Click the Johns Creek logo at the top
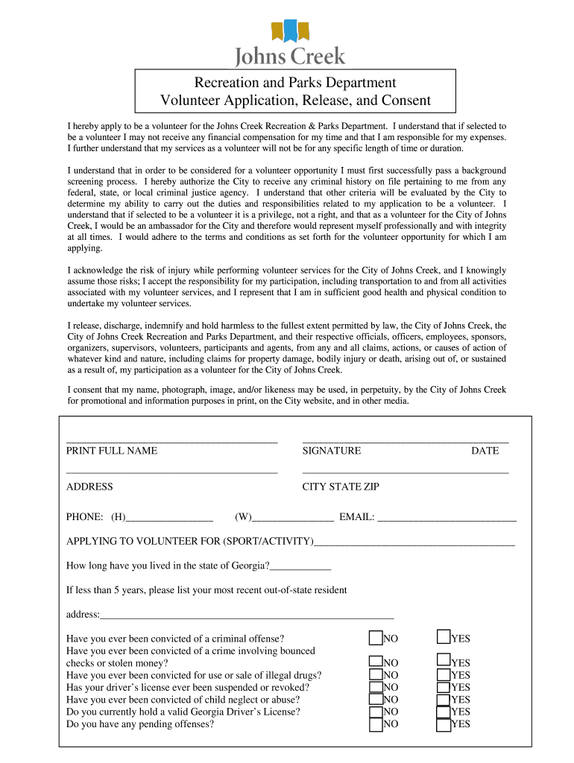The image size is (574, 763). [x=290, y=43]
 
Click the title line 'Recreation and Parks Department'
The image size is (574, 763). [x=295, y=83]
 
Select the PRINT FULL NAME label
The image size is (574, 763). [x=112, y=451]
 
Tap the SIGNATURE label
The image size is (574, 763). [x=332, y=451]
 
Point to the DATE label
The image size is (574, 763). [x=485, y=451]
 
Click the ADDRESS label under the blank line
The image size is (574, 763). [x=89, y=487]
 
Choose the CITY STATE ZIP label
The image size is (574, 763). [x=341, y=487]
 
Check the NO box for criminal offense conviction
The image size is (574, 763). [x=376, y=638]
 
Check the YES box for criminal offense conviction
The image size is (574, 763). [x=444, y=638]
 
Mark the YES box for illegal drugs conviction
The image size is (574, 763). [x=444, y=674]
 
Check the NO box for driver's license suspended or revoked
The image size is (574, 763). [x=376, y=686]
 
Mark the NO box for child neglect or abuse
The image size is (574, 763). [x=376, y=699]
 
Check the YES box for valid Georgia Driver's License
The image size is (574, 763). [x=444, y=711]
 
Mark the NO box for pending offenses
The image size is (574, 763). [x=376, y=724]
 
